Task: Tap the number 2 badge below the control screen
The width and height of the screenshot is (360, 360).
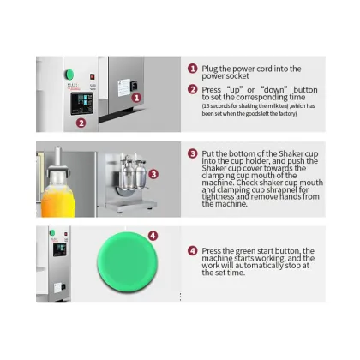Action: click(x=80, y=123)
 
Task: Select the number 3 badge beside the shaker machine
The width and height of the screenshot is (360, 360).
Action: click(x=153, y=174)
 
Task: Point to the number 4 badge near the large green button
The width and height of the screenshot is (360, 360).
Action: click(x=153, y=235)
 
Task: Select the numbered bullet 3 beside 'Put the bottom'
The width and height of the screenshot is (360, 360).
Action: click(x=193, y=154)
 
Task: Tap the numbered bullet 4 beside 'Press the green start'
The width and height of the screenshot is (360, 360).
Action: click(x=193, y=250)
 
